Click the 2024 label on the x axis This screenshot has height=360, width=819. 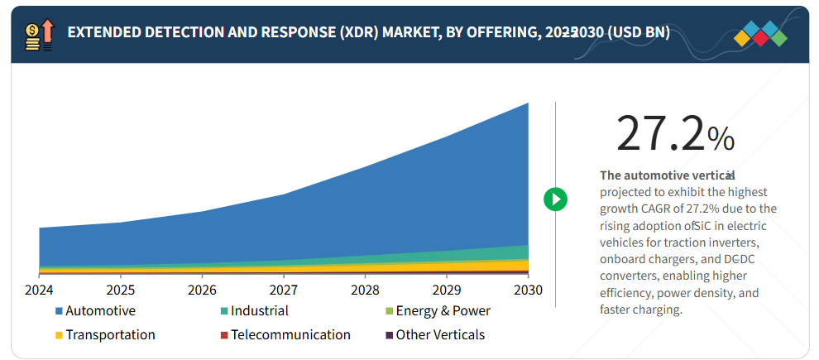pyautogui.click(x=39, y=290)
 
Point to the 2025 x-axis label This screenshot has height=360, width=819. pyautogui.click(x=120, y=290)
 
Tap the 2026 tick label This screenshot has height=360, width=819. pyautogui.click(x=202, y=290)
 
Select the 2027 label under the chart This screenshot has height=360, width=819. pyautogui.click(x=283, y=290)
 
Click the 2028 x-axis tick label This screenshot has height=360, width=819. pyautogui.click(x=365, y=290)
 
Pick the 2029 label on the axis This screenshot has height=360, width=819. pyautogui.click(x=446, y=290)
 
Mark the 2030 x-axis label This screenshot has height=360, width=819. pyautogui.click(x=528, y=290)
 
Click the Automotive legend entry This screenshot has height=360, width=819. pyautogui.click(x=99, y=311)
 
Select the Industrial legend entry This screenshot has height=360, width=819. pyautogui.click(x=259, y=311)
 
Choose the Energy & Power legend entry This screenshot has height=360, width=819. pyautogui.click(x=443, y=311)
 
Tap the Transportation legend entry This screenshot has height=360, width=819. pyautogui.click(x=109, y=335)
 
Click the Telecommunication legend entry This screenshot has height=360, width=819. pyautogui.click(x=290, y=335)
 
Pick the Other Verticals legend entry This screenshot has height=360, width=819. pyautogui.click(x=439, y=335)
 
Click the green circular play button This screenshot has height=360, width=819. pyautogui.click(x=555, y=199)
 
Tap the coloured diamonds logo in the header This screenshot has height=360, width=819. pyautogui.click(x=762, y=34)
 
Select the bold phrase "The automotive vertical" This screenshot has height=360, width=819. pyautogui.click(x=667, y=175)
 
